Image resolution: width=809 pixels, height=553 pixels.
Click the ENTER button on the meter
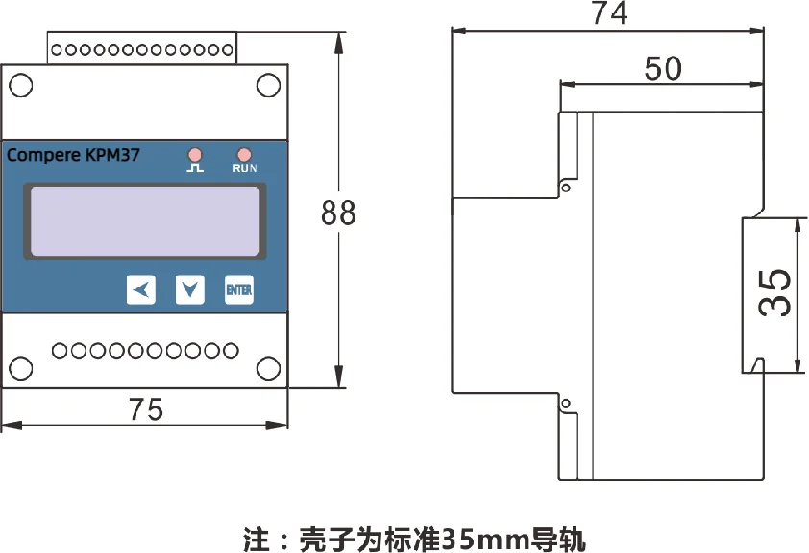point(239,289)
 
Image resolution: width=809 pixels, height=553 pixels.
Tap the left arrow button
point(141,289)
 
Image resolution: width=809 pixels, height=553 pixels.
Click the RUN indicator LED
point(244,154)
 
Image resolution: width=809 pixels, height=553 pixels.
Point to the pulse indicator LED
point(195,154)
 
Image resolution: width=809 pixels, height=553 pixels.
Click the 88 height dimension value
point(338,214)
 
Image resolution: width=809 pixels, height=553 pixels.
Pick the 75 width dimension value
point(146,410)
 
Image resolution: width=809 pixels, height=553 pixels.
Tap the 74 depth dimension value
point(609,14)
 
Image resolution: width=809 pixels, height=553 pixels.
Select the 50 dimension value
point(662,68)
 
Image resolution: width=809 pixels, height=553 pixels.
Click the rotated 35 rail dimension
point(775,292)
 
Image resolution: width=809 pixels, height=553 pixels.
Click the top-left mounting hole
point(20,86)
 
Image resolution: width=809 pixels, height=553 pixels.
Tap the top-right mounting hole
point(267,86)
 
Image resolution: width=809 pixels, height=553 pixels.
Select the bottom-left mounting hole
point(20,366)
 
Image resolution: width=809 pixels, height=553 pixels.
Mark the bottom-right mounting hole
point(267,366)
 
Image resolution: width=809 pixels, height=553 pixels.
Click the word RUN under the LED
point(245,168)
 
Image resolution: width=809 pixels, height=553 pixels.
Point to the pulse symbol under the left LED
point(195,168)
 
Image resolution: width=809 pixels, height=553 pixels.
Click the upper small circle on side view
point(566,187)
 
